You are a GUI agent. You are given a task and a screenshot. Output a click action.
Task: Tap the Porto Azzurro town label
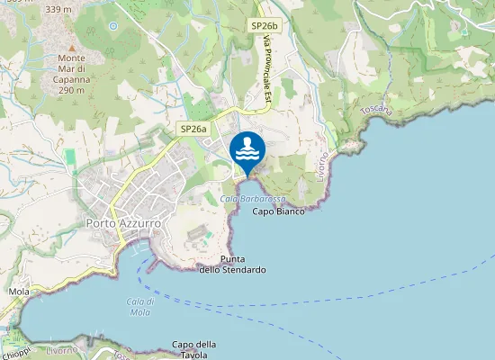[123, 222]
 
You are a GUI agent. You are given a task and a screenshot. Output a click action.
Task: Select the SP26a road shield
[193, 130]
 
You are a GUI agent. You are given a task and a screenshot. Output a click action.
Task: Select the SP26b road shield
[263, 28]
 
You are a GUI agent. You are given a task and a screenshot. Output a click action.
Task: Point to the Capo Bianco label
[278, 211]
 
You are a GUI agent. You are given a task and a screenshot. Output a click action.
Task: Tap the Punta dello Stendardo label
[232, 265]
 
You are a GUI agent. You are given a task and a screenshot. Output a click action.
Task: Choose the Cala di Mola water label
[139, 306]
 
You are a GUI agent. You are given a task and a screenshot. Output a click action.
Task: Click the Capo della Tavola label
[194, 349]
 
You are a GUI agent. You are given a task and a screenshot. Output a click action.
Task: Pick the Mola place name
[18, 292]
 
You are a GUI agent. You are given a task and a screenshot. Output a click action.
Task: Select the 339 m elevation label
[58, 9]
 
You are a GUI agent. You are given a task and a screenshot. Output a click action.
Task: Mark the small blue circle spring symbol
[112, 26]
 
